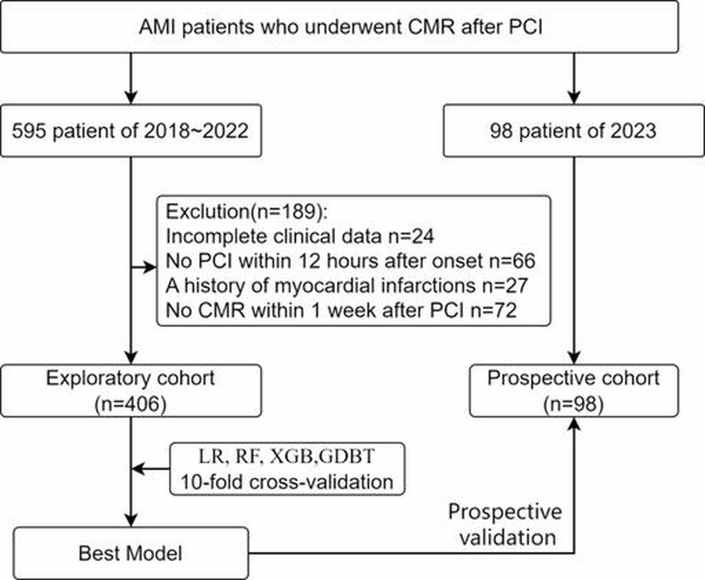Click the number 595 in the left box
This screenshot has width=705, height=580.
pos(29,130)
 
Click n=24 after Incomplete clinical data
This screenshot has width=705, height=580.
pos(411,236)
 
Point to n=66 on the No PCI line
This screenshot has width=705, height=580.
pos(512,261)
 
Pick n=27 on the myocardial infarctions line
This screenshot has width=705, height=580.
pos(505,286)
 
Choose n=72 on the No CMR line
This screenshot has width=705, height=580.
pos(493,310)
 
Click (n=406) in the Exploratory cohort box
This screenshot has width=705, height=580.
pos(130,404)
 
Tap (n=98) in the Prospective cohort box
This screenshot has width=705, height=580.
pos(573,404)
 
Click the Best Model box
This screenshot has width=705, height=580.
pos(130,553)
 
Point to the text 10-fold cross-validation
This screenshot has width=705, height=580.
pos(287,482)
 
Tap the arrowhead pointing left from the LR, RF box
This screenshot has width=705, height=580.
pos(139,469)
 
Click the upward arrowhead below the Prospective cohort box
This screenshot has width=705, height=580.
pos(575,424)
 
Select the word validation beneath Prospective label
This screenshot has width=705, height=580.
pos(508,538)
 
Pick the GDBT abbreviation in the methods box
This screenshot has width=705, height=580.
pos(346,457)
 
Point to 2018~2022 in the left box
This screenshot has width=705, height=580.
pos(197,130)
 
